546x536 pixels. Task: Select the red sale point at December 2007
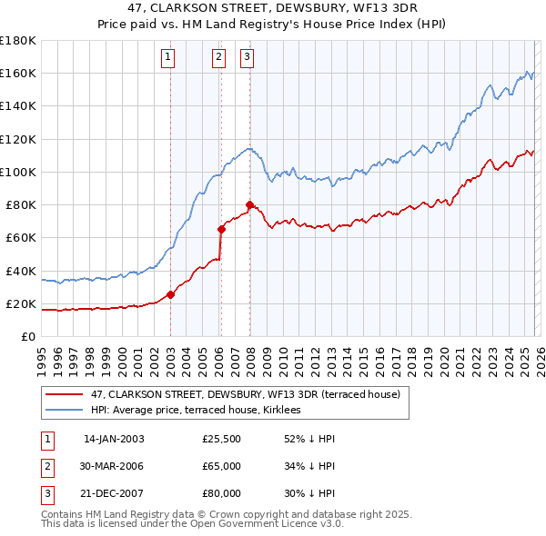coord(249,204)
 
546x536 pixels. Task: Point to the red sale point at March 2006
coord(221,229)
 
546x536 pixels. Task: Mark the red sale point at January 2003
coord(170,294)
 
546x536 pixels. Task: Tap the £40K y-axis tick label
coord(21,271)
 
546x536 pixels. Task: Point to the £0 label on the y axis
coord(28,336)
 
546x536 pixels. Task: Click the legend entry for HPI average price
coord(201,411)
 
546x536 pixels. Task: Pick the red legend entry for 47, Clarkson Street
coord(245,394)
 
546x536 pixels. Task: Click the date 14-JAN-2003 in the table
coord(114,439)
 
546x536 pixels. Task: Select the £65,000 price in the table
coord(222,466)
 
